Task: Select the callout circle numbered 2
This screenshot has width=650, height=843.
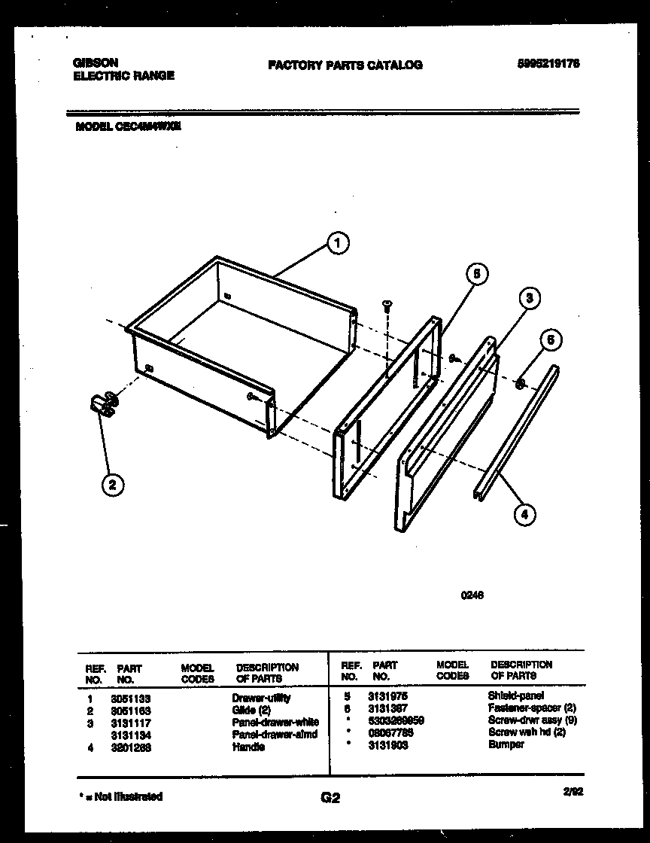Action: pos(112,485)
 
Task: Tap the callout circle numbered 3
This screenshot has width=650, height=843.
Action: pos(530,299)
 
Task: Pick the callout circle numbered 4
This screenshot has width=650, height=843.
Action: pos(524,516)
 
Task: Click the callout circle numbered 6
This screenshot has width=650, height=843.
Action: pos(550,340)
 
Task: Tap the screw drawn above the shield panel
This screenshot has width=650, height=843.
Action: pos(387,305)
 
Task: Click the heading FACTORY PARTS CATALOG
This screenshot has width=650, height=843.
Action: pos(345,65)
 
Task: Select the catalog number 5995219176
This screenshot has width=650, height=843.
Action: pos(549,65)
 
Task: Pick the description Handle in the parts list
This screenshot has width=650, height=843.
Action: pos(248,747)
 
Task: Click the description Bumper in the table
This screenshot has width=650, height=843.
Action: pos(506,744)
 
